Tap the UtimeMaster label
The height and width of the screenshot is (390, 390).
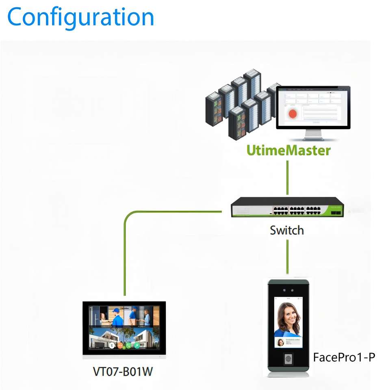[288, 150]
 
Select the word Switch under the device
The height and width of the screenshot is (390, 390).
[287, 230]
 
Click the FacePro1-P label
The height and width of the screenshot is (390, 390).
[344, 357]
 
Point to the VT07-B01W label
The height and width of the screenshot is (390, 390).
[123, 371]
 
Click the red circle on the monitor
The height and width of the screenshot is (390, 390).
[292, 113]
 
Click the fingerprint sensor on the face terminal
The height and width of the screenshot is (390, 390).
[288, 359]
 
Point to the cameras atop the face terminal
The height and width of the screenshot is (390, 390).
[288, 291]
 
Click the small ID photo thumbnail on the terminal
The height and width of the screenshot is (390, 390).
[281, 342]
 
